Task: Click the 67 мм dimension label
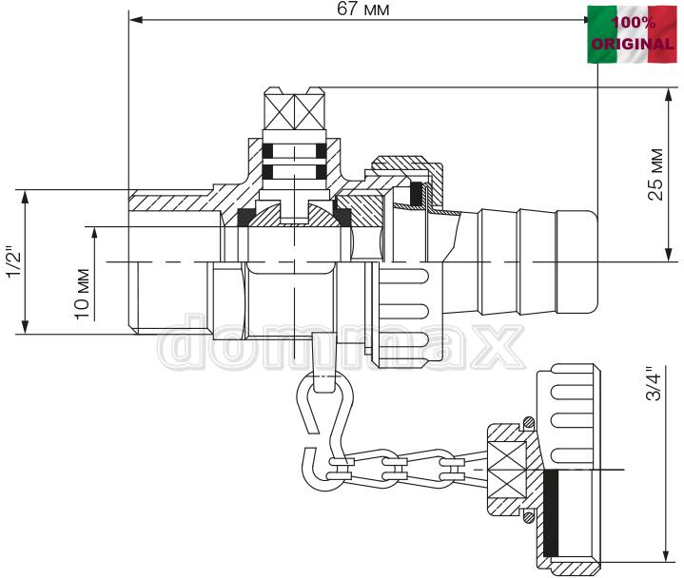363,10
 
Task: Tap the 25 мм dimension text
655,174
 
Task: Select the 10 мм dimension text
82,295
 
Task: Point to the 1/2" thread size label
14,263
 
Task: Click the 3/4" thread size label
655,384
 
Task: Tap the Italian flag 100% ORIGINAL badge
632,34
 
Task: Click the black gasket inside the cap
551,513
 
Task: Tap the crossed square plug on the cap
506,471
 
